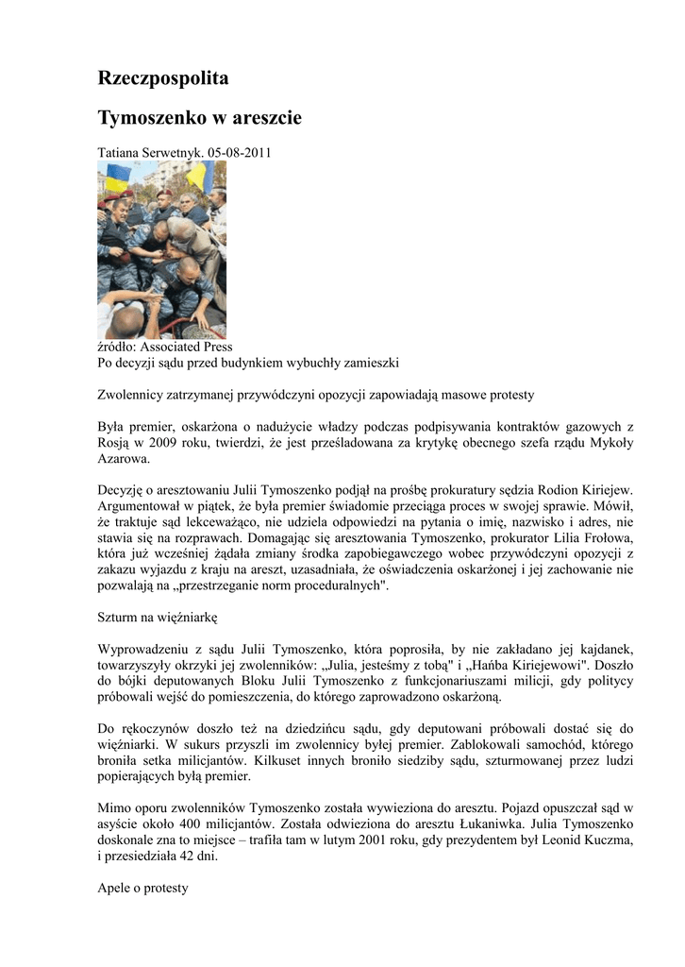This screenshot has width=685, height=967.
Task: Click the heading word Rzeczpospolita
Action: coord(164,78)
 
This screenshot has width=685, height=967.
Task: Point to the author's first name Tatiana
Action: coord(120,152)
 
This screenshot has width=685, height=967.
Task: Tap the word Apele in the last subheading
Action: coord(116,888)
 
